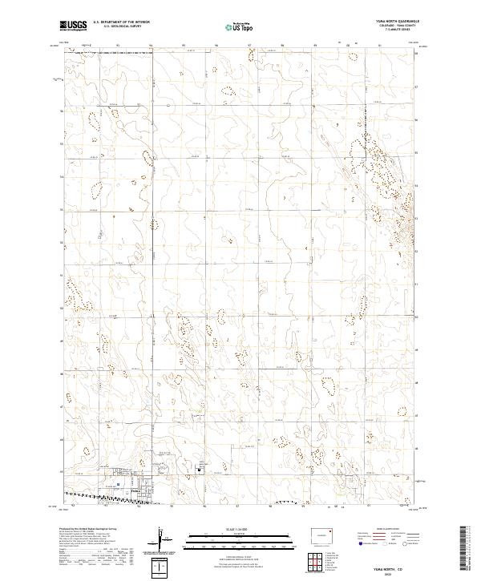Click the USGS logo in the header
[x=74, y=26]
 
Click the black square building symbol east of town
[x=197, y=471]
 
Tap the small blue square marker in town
[x=118, y=484]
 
